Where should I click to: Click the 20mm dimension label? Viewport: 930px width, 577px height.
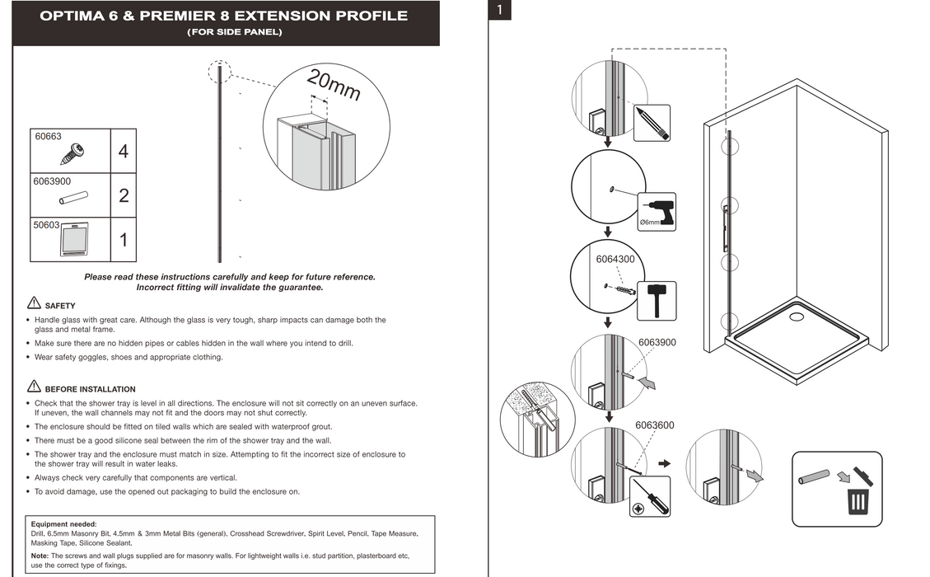tap(333, 85)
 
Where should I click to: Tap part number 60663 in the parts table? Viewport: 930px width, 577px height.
tap(49, 137)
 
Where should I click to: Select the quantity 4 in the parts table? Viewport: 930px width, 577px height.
tap(123, 152)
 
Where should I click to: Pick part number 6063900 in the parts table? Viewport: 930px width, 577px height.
tap(52, 181)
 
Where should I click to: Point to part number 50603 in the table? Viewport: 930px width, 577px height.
tap(46, 224)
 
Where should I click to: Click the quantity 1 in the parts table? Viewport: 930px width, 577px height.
tap(123, 241)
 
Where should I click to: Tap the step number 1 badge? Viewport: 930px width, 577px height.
tap(500, 10)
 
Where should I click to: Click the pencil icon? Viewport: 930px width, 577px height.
tap(652, 123)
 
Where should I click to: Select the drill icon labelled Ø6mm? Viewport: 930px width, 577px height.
tap(657, 211)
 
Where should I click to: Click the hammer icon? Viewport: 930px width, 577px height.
tap(657, 299)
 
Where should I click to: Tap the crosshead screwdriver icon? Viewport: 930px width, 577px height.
tap(647, 497)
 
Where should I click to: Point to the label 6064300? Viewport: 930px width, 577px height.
tap(615, 259)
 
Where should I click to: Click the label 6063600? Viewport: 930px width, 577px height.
tap(654, 425)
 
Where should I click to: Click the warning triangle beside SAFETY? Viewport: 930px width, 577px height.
tap(34, 303)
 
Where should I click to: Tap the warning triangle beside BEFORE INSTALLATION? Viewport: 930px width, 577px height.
tap(34, 387)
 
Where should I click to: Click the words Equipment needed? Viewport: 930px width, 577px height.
tap(63, 524)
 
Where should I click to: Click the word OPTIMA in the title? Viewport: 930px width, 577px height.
tap(71, 16)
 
